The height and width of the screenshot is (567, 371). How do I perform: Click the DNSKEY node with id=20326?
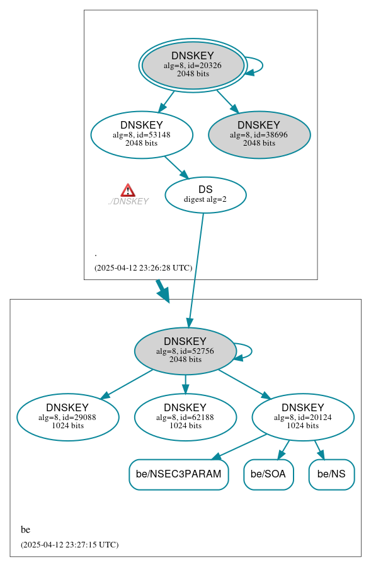tap(193, 65)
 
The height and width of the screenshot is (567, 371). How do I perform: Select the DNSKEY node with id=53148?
tap(142, 134)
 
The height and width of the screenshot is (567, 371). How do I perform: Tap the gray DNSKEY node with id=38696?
tap(259, 134)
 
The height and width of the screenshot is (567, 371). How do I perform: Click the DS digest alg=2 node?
tap(205, 194)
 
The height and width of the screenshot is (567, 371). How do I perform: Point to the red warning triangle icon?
tap(128, 190)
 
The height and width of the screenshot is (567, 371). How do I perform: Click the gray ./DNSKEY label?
tap(128, 201)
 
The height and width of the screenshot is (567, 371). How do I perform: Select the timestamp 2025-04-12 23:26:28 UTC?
tap(143, 267)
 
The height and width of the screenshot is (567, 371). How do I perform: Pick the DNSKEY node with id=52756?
tap(185, 351)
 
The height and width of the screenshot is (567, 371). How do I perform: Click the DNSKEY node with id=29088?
tap(67, 417)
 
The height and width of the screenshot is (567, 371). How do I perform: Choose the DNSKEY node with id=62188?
tap(185, 417)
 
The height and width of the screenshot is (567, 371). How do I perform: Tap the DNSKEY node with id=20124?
tap(303, 417)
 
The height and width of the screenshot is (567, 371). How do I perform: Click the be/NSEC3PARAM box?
tap(178, 474)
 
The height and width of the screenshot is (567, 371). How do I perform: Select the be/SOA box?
tap(268, 474)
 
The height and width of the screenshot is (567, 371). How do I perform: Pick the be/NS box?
tap(331, 474)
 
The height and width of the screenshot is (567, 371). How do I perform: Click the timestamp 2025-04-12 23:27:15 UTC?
tap(69, 544)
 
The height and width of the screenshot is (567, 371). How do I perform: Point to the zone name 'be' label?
tap(25, 529)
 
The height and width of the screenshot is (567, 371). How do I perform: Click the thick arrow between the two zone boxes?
tap(163, 290)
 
